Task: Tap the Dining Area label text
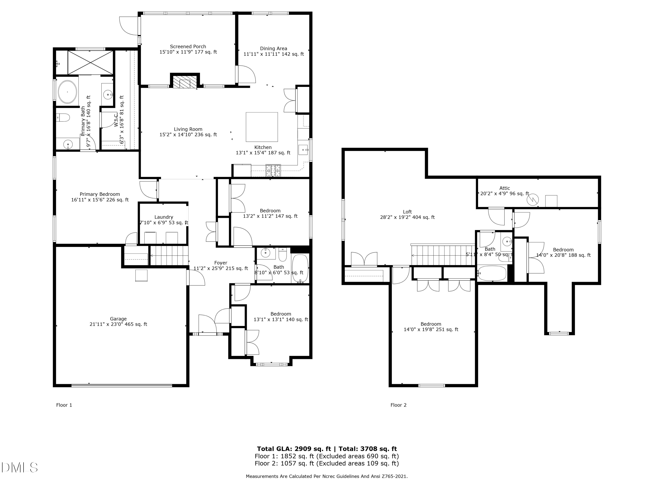click(274, 48)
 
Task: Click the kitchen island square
click(262, 127)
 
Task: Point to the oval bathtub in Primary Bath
click(67, 92)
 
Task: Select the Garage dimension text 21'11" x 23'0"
click(118, 324)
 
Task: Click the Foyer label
click(221, 263)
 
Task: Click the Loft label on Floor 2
click(407, 212)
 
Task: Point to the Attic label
click(504, 188)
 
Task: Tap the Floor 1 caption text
click(64, 405)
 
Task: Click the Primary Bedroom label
click(100, 194)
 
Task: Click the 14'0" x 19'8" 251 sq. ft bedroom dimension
click(431, 329)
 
